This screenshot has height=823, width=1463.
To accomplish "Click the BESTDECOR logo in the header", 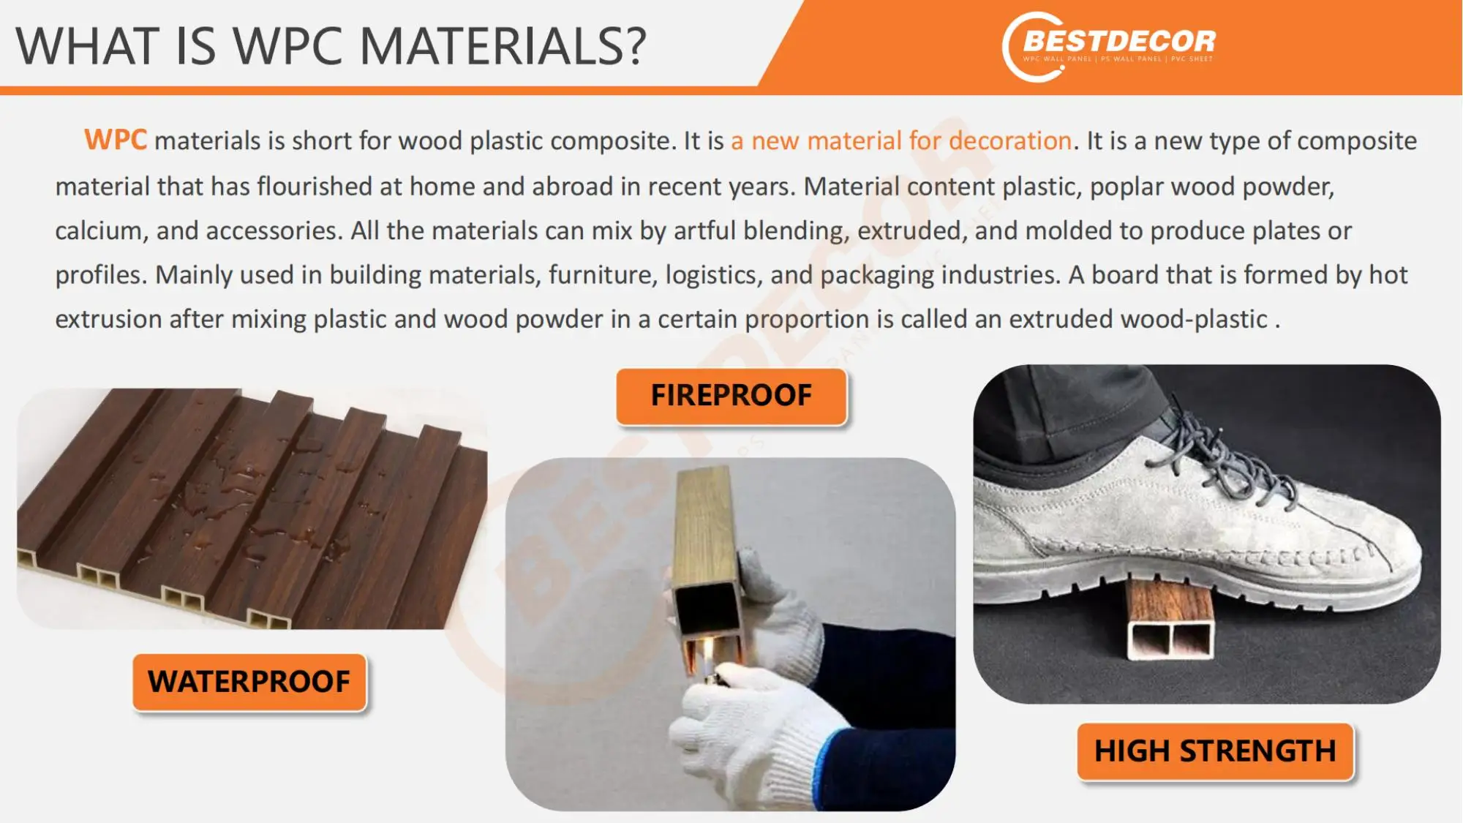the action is tap(1109, 45).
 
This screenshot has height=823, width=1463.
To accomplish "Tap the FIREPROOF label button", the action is tap(731, 396).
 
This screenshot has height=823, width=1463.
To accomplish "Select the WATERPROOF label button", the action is tap(249, 682).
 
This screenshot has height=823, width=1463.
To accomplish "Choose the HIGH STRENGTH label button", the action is tap(1215, 751).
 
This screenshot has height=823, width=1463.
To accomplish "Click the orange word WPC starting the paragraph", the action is tap(116, 140).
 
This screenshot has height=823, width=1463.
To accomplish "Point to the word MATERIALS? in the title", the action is tap(503, 46).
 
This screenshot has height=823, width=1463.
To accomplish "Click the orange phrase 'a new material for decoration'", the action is tap(901, 140).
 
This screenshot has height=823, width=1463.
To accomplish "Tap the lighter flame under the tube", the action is tap(707, 650).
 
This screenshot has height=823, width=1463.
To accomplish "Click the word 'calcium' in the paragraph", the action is tap(98, 231).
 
